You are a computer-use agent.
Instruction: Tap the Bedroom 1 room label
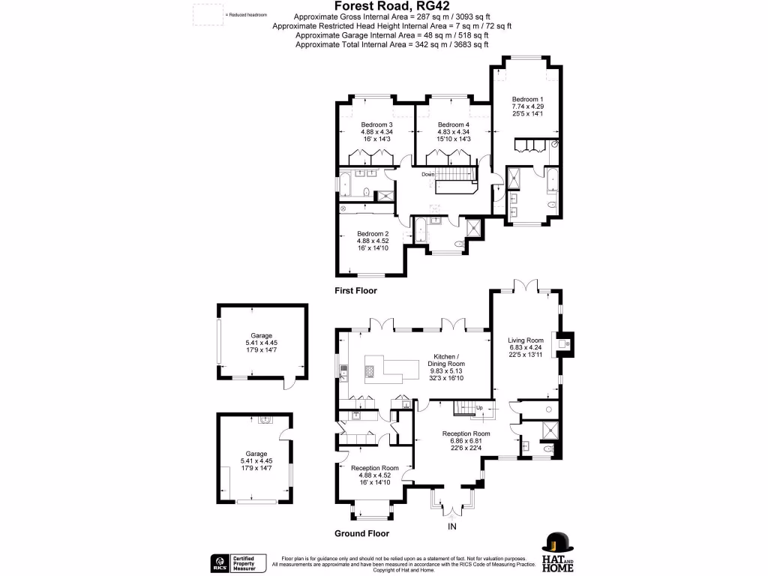tap(527, 99)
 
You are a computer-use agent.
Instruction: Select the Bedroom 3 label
tap(376, 124)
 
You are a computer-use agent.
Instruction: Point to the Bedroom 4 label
tap(453, 124)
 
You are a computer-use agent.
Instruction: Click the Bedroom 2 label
tap(373, 233)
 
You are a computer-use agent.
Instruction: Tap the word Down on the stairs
tap(427, 175)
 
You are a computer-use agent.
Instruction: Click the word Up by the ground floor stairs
tap(479, 408)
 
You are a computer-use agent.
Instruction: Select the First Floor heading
tap(356, 290)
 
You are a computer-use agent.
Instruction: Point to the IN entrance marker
tap(452, 527)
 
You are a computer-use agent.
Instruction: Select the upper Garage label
tap(262, 336)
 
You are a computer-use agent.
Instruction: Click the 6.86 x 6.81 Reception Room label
tap(466, 433)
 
